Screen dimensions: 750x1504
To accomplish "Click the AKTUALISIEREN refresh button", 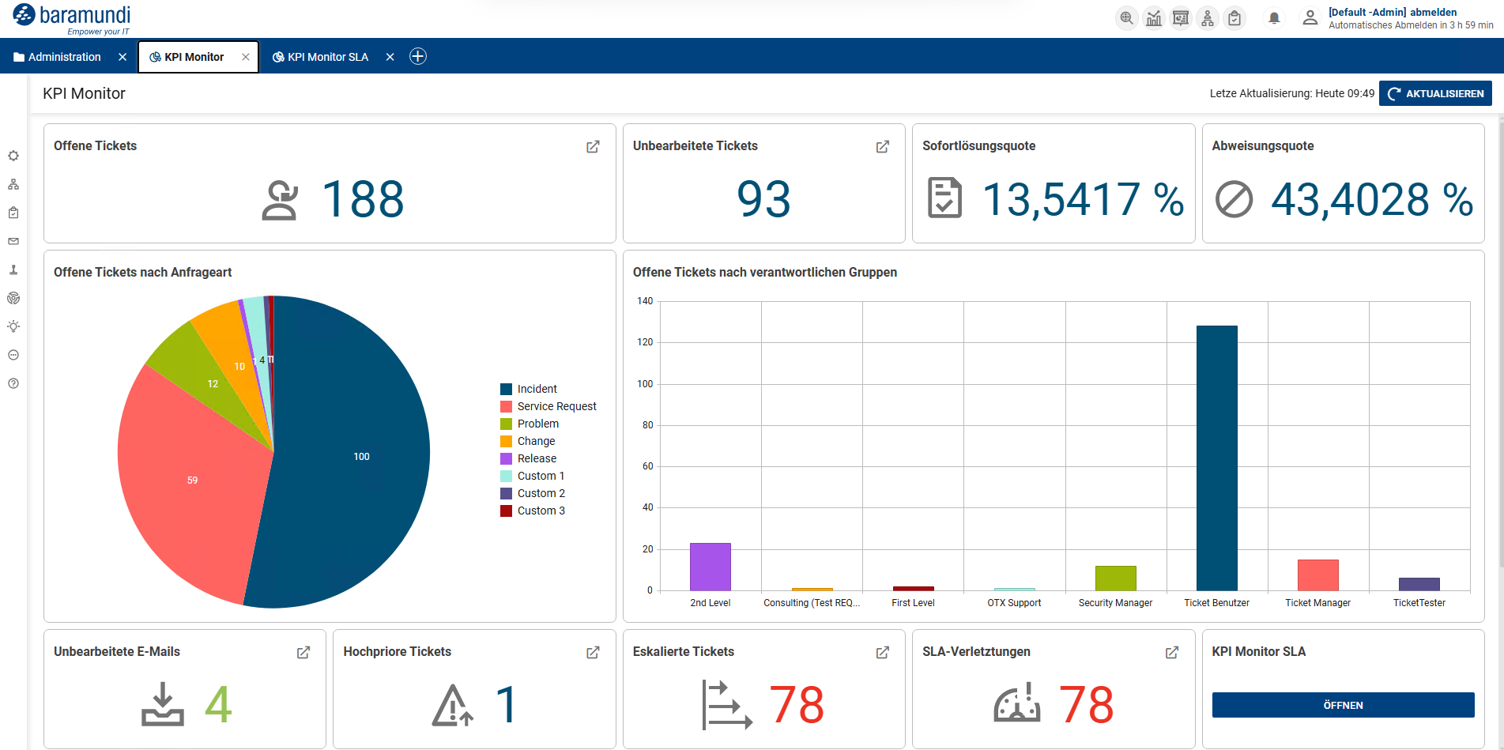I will [x=1435, y=93].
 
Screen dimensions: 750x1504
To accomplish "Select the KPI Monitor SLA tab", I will [x=321, y=57].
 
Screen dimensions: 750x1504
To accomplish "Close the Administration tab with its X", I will [x=123, y=57].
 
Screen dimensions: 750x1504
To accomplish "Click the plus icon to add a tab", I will [x=418, y=56].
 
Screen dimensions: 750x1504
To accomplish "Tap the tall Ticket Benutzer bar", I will [x=1216, y=458].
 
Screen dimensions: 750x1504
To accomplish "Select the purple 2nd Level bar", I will [x=710, y=567].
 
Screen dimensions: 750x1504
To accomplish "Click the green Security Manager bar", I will [x=1115, y=579].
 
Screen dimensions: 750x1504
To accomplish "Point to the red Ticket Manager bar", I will [x=1317, y=575].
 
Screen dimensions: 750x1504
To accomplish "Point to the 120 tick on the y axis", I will [x=646, y=342].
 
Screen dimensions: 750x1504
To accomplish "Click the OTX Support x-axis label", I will [x=1014, y=603].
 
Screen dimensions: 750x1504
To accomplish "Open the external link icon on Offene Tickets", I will [x=593, y=147].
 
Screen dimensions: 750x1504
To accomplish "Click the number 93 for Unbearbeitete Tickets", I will [x=763, y=199].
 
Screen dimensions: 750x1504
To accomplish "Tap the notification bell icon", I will [x=1274, y=18].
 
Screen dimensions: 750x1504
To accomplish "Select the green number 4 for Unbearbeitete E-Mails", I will [x=218, y=704].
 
